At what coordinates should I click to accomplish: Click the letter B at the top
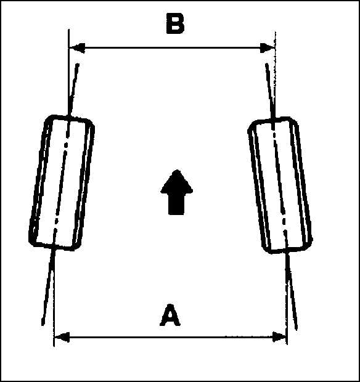coord(175,23)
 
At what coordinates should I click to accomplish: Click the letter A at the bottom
coord(170,315)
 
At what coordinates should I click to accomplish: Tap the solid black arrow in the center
coord(176,192)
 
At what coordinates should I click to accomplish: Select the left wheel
coord(62,183)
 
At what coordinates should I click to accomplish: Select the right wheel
coord(280,185)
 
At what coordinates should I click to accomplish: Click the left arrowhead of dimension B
coord(77,48)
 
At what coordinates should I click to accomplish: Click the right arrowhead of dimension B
coord(268,48)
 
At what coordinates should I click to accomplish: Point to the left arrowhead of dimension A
coord(62,338)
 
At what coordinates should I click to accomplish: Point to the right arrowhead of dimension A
coord(279,337)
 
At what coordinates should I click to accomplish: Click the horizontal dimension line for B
coord(172,48)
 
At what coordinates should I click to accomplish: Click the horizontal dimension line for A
coord(170,337)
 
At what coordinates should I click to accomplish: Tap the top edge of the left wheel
coord(70,118)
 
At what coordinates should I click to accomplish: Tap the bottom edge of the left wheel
coord(54,246)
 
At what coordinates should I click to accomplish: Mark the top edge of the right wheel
coord(273,120)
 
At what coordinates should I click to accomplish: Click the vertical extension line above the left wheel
coord(69,72)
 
